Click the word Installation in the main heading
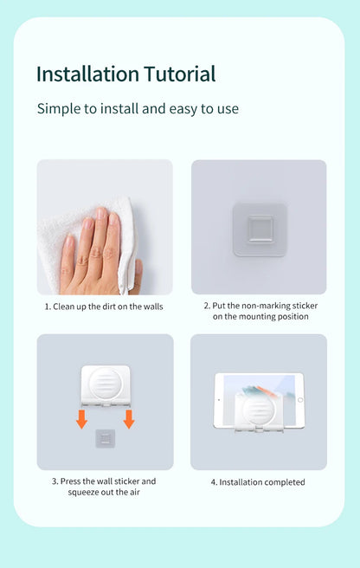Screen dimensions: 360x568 tap(87, 74)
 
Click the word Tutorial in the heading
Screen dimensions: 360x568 tap(180, 74)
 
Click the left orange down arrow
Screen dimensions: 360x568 tap(82, 419)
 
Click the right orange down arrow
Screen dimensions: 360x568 tap(129, 419)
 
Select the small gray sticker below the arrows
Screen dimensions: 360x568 tap(105, 438)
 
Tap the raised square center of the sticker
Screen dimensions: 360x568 tap(260, 229)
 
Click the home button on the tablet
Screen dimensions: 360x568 tap(300, 400)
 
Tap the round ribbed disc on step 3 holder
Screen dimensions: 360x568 tap(105, 384)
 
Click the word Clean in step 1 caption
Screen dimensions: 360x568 tap(64, 307)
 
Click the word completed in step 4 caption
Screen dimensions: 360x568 tap(284, 482)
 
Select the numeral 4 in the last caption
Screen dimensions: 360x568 tap(214, 482)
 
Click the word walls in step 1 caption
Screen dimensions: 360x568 tap(153, 307)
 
